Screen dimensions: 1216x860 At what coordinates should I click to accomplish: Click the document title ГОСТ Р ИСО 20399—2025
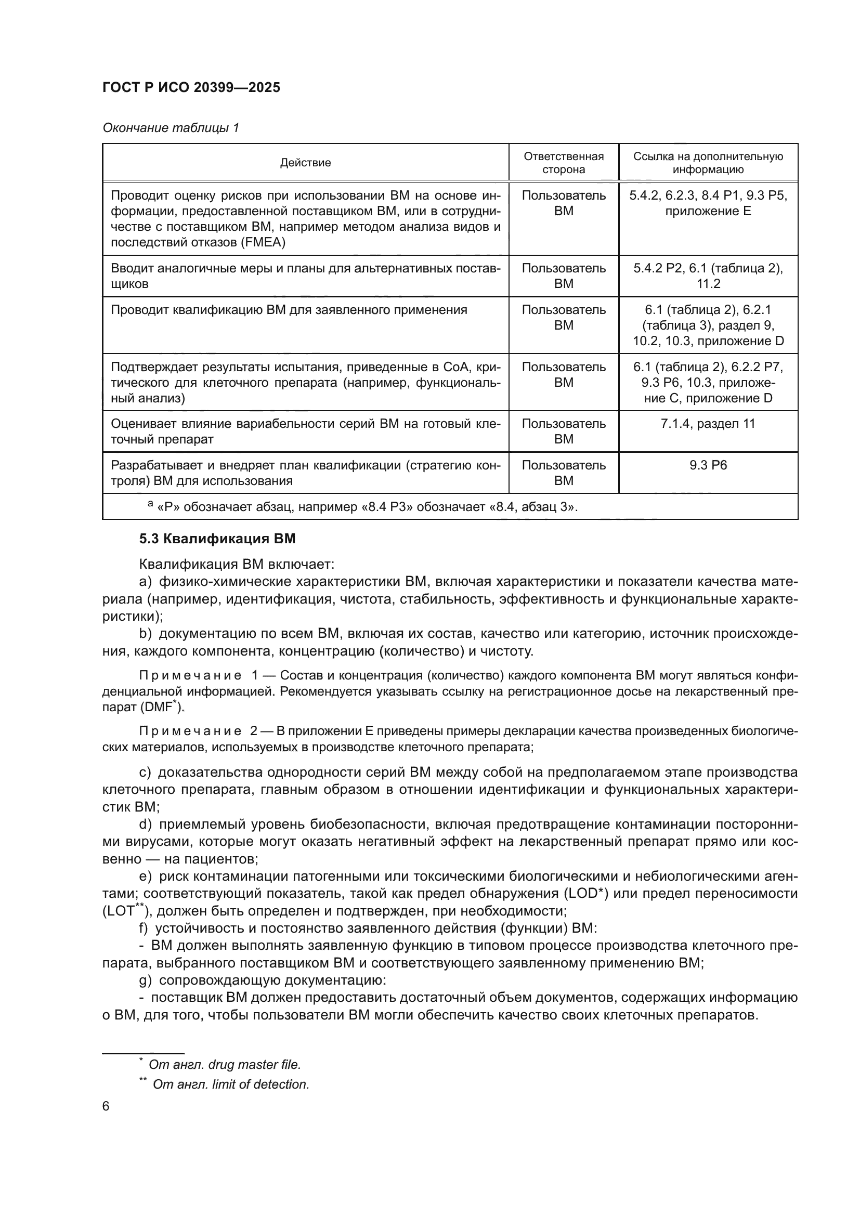tap(191, 87)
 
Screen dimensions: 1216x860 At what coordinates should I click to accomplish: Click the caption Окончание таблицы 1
tap(171, 128)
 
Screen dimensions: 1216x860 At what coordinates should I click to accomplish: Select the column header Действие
tap(305, 163)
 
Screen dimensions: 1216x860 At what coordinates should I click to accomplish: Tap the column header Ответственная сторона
tap(564, 163)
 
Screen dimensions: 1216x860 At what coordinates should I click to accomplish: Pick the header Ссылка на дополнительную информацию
tap(708, 163)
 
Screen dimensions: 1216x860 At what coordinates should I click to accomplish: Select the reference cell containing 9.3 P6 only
tap(708, 465)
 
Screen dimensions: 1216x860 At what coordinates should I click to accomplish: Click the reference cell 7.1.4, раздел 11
tap(708, 423)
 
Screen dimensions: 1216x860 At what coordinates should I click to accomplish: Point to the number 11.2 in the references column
tap(708, 283)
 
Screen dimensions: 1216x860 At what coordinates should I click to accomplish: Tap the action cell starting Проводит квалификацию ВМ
tap(289, 310)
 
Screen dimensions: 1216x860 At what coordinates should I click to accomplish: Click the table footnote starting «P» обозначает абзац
tap(366, 507)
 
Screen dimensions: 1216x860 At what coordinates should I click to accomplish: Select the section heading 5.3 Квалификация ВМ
tap(217, 539)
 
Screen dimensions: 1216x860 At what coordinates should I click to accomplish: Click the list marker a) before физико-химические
tap(145, 582)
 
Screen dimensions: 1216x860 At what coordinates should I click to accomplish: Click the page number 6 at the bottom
tap(106, 1106)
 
